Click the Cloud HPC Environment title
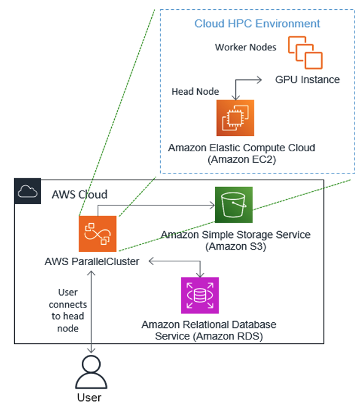pos(257,24)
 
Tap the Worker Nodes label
pos(246,47)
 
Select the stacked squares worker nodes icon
pos(305,52)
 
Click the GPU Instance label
pos(307,80)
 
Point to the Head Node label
pos(195,91)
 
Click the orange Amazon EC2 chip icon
pos(235,117)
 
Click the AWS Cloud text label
pos(79,194)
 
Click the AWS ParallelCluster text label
pos(92,261)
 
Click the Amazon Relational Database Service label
pos(209,330)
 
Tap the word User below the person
pos(90,398)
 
